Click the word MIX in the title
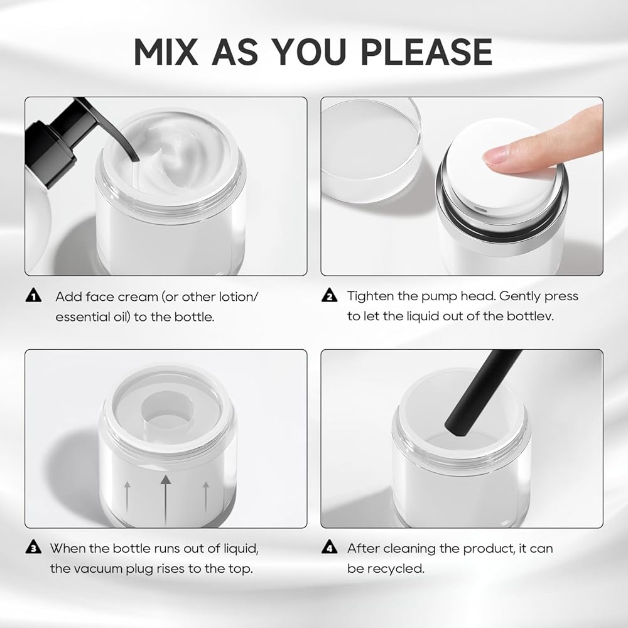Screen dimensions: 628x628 tap(166, 51)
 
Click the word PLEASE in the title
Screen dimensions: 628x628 tap(426, 51)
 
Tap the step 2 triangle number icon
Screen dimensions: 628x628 tap(329, 295)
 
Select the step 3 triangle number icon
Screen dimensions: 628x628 tap(33, 547)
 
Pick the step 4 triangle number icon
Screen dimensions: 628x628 tap(329, 547)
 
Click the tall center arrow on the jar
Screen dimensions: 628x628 tap(165, 500)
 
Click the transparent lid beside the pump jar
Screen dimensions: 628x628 tap(371, 149)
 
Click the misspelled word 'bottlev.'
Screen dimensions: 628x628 tap(530, 317)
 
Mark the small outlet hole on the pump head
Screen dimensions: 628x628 tap(480, 209)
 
